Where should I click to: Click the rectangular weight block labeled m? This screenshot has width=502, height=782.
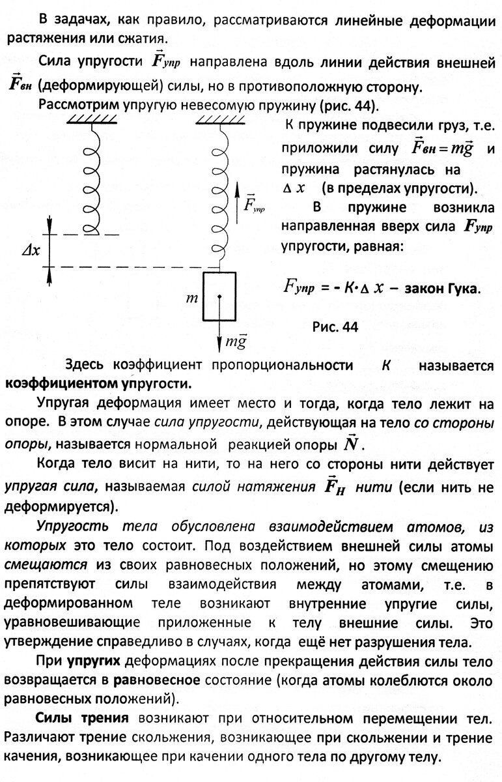click(221, 296)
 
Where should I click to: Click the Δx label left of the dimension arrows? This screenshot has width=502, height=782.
click(30, 252)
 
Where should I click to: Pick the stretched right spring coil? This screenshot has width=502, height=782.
click(221, 195)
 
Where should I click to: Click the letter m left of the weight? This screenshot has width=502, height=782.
click(191, 298)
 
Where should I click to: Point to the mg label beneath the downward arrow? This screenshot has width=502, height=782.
click(236, 340)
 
